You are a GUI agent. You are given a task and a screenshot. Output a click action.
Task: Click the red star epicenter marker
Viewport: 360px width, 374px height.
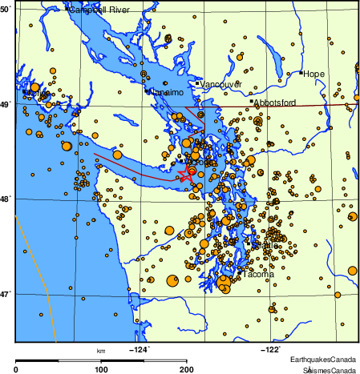click(185, 175)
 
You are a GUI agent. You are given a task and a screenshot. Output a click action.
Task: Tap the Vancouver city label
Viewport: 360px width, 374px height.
click(220, 84)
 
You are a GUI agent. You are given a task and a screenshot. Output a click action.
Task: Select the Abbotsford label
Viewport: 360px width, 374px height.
click(275, 103)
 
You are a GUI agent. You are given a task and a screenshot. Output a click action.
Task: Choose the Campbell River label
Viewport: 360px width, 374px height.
click(99, 10)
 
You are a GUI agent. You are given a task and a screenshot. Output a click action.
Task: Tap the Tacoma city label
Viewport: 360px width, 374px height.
click(257, 275)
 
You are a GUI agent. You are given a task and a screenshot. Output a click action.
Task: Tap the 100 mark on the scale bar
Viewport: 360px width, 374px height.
click(102, 368)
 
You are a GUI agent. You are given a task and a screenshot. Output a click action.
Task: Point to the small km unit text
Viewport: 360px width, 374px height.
click(101, 351)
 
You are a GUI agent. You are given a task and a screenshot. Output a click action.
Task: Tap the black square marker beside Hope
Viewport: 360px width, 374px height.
click(301, 73)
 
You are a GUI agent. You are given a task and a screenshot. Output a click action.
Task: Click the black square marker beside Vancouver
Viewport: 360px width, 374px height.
click(197, 82)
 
